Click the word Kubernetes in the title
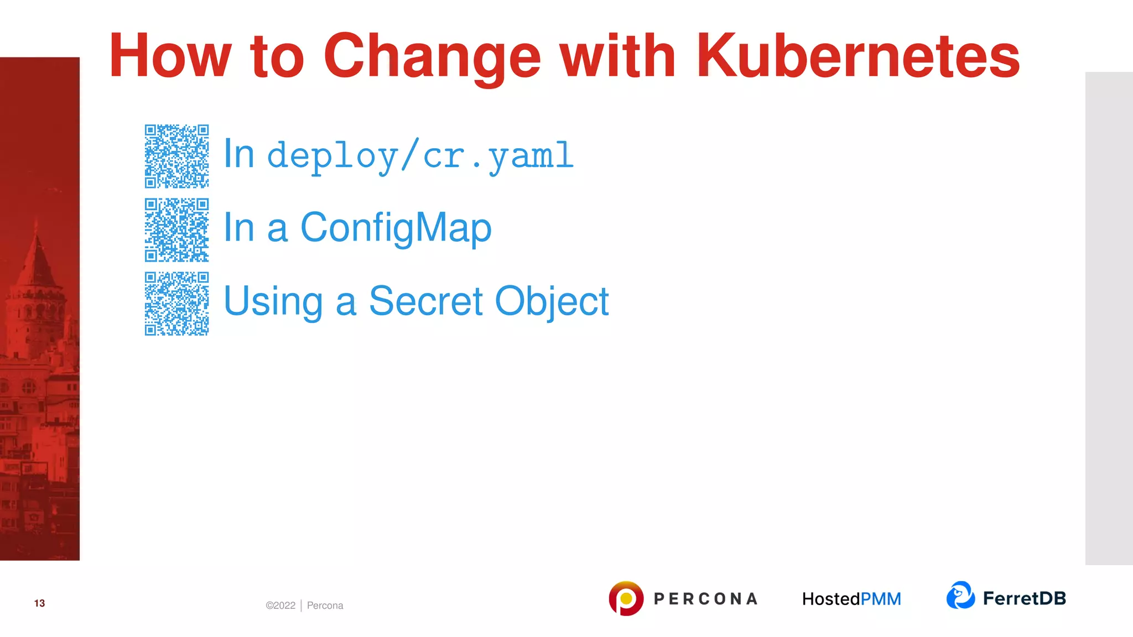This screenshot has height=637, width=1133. pos(857,56)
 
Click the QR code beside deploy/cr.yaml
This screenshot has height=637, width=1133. pos(176,156)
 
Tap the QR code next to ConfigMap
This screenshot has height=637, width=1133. pos(176,229)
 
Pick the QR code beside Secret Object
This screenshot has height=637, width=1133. pos(176,303)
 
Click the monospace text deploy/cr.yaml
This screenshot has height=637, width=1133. pos(420,156)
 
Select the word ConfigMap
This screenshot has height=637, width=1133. pos(396,228)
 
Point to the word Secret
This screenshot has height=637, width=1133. pos(425,301)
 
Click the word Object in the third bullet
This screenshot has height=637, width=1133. pos(552,302)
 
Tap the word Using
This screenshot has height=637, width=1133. pos(273,302)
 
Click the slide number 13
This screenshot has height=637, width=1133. pos(39,603)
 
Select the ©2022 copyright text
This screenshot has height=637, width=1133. pos(280,605)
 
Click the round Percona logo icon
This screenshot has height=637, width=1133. pos(626,598)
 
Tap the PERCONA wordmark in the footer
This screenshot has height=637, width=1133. pos(705,599)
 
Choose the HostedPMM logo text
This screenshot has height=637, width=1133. pos(851,599)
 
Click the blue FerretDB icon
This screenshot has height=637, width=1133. pos(960,596)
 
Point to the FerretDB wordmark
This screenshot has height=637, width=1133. pos(1024,598)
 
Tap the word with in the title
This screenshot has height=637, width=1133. pos(617,56)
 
